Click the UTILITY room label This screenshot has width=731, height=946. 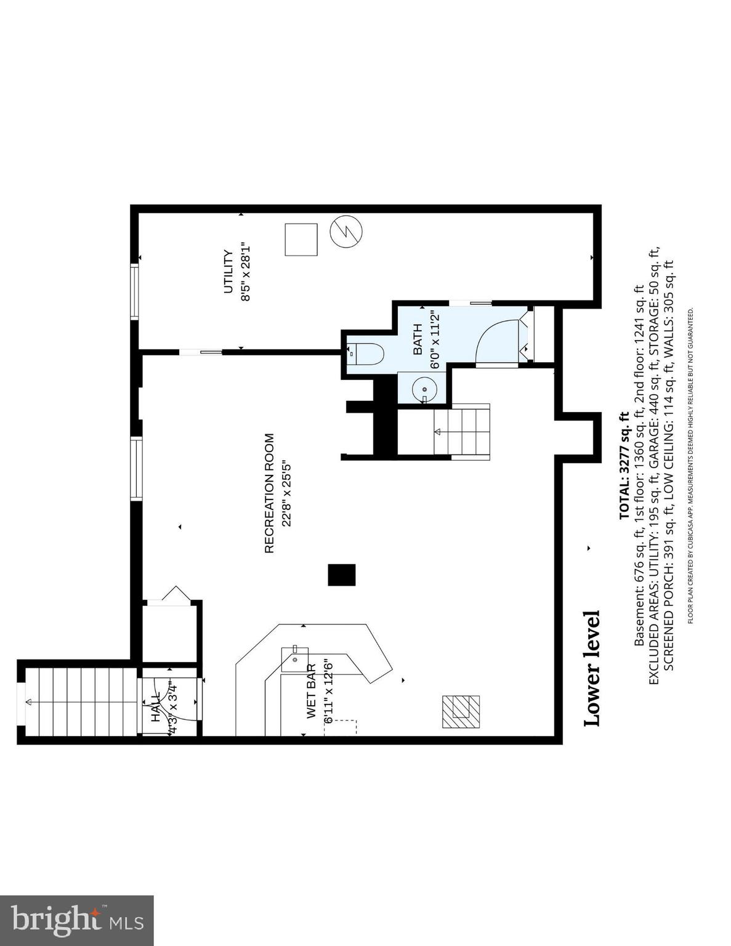tap(228, 272)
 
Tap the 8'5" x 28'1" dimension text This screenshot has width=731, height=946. tap(246, 272)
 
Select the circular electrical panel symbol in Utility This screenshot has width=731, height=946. tap(346, 231)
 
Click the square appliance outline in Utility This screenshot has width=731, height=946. tap(301, 240)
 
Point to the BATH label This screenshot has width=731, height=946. tap(418, 340)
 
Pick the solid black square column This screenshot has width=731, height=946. tap(341, 575)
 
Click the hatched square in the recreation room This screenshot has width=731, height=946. tap(461, 711)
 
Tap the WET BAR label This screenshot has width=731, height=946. tap(312, 692)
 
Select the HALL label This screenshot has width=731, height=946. tap(155, 706)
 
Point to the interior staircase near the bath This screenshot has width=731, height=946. tap(462, 431)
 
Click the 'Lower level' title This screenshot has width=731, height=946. tap(592, 668)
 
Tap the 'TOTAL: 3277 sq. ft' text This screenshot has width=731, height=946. tap(624, 466)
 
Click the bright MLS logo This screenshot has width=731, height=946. tap(76, 921)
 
